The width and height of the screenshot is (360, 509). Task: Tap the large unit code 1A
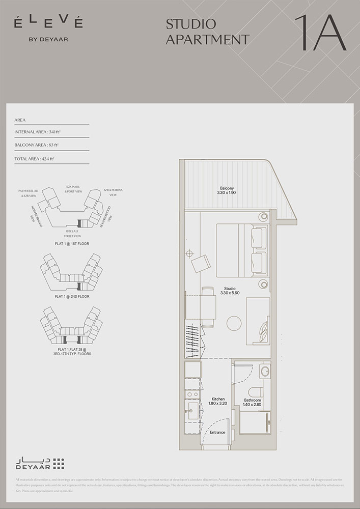[320, 33]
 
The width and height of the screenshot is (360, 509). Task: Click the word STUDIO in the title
[191, 24]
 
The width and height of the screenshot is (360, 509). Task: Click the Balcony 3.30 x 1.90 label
[227, 190]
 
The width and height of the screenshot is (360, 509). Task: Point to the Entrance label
[217, 433]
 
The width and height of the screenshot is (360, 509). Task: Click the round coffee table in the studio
[235, 324]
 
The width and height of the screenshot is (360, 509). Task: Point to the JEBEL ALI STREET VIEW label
[70, 234]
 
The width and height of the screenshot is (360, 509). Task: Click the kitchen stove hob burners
[192, 394]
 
